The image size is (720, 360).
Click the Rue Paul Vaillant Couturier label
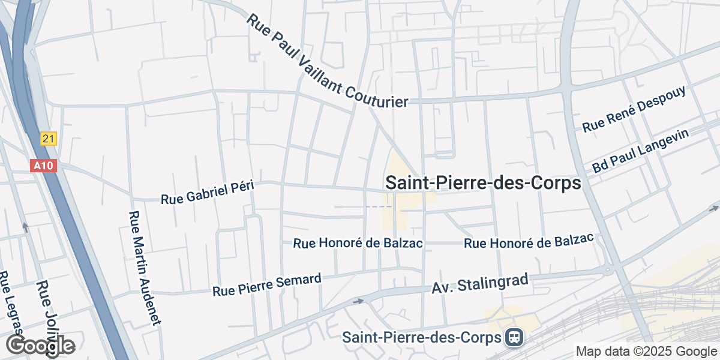[x=327, y=61]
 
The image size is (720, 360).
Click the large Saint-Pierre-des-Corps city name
[x=483, y=183]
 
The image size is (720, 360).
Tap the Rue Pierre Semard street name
[x=267, y=285]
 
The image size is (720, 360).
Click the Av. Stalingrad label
[x=480, y=284]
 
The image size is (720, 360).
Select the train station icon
[x=514, y=337]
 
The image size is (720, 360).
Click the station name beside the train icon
[x=421, y=337]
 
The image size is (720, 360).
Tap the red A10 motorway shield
[x=43, y=165]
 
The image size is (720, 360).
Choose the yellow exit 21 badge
[x=49, y=139]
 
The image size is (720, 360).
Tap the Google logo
[x=40, y=346]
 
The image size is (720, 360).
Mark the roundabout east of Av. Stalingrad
[x=608, y=270]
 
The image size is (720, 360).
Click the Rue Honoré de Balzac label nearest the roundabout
[x=529, y=241]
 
